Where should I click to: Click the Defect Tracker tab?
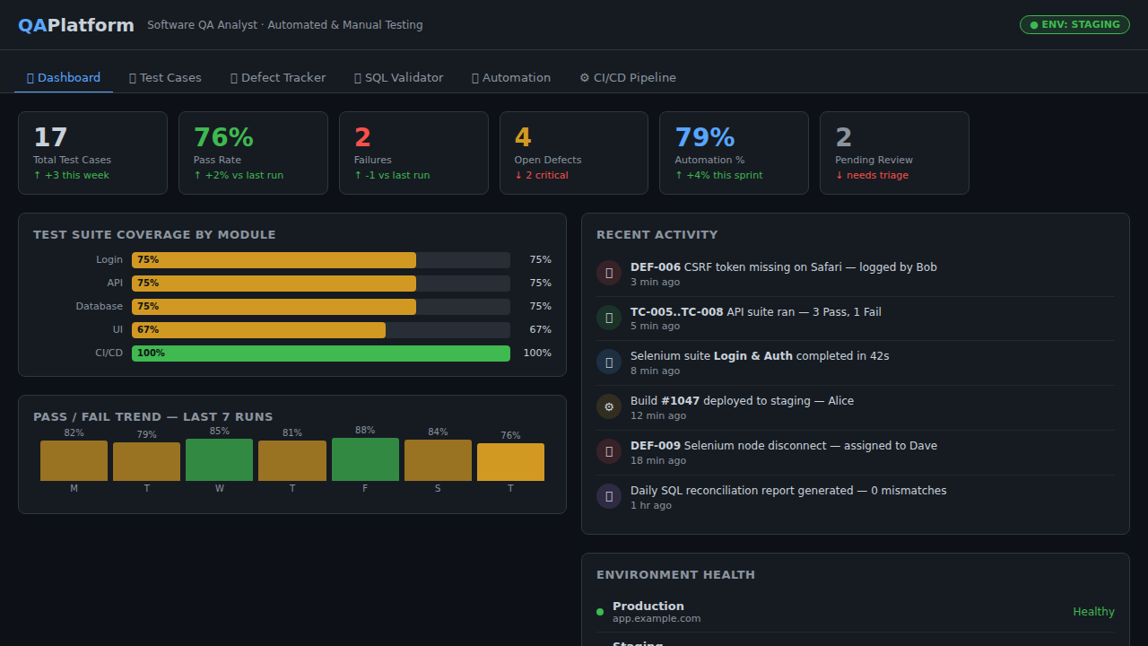pos(278,78)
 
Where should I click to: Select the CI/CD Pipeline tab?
pos(628,78)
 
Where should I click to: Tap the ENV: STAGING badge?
pos(1074,25)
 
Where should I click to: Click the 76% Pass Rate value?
pos(223,137)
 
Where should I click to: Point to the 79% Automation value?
pos(704,137)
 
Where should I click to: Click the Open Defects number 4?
pos(523,137)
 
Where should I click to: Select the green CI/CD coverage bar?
pos(320,354)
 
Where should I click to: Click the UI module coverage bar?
pos(258,330)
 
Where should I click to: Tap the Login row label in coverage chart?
pos(109,260)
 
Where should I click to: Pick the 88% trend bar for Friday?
pos(365,459)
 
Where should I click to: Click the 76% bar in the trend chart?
pos(510,462)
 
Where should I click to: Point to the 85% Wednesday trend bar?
pos(219,459)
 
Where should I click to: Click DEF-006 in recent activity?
pos(656,267)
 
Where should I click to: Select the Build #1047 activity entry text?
pos(741,401)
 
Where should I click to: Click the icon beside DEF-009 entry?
pos(609,451)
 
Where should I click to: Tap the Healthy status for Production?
pos(1093,612)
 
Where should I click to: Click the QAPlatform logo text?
pos(76,25)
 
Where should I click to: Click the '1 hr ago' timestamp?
pos(650,505)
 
